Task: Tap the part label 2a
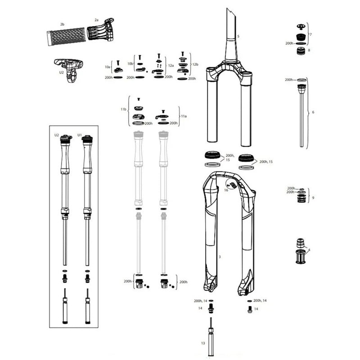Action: (96, 20)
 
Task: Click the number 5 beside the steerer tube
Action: (238, 36)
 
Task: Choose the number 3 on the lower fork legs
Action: (219, 256)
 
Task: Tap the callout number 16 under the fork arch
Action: (226, 190)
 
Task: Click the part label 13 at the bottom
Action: (203, 343)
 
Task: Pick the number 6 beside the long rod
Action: (313, 112)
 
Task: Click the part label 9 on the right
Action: (313, 197)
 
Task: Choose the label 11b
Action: (123, 110)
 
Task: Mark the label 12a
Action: (171, 65)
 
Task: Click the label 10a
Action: (107, 67)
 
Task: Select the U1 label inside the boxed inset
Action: (80, 135)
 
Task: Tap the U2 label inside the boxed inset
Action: (57, 135)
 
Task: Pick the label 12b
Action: (195, 64)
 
